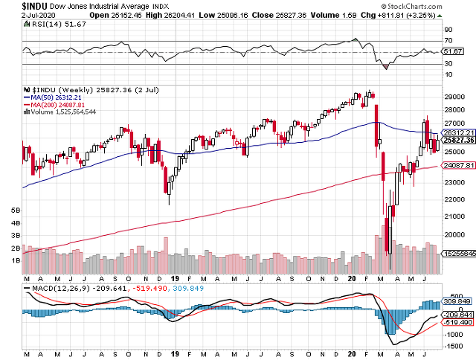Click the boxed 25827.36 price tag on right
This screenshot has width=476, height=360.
tap(456, 140)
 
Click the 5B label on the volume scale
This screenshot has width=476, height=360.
tap(15, 210)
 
